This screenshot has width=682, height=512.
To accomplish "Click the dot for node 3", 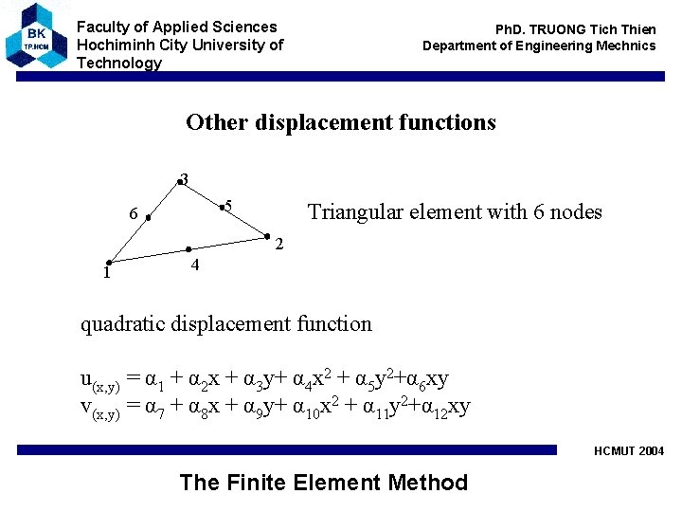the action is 177,180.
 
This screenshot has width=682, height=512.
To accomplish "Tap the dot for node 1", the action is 110,263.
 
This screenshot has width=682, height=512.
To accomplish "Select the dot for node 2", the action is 267,236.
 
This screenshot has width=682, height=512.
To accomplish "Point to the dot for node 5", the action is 221,206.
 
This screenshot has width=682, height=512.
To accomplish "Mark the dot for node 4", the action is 188,249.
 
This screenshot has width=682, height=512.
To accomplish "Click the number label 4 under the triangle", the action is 194,265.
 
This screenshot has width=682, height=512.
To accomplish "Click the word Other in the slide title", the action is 213,122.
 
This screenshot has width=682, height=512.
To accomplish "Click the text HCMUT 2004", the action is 629,451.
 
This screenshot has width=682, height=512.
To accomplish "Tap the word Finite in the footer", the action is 261,483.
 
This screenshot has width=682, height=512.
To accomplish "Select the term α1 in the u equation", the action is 155,380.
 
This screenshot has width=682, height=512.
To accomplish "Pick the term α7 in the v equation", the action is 155,408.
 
